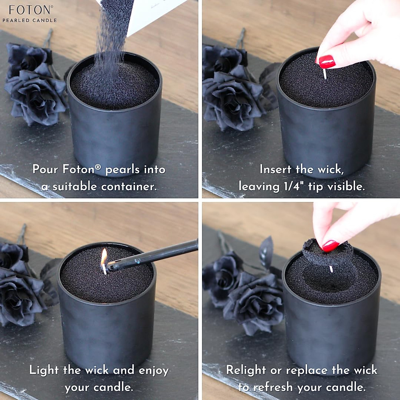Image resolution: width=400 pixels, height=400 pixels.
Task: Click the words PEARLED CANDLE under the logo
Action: [30, 20]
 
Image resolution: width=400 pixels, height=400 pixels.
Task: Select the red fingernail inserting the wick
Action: [327, 62]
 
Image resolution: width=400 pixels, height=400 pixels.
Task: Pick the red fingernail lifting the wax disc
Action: [330, 246]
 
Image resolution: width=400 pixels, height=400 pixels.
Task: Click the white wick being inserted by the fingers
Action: [325, 74]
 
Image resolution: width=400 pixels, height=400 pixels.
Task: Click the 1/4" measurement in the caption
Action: [292, 186]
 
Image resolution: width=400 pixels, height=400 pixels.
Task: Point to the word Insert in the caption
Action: [275, 169]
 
